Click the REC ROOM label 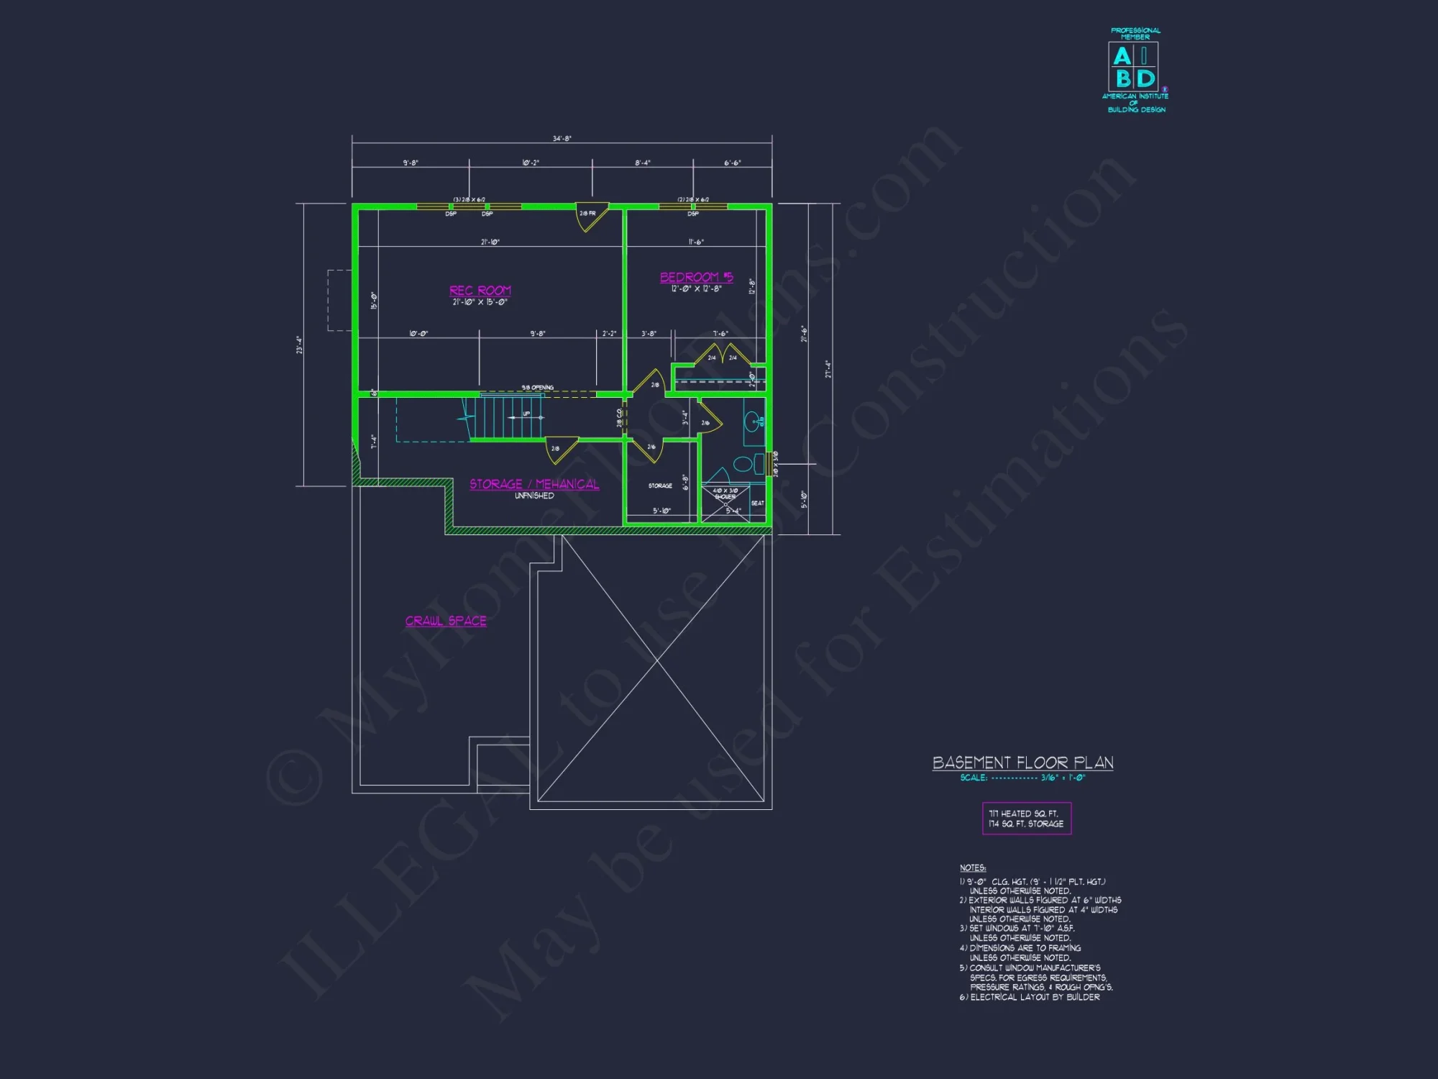(480, 291)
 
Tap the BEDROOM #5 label (696, 277)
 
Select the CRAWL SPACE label (446, 621)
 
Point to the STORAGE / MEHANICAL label (534, 484)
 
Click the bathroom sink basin (752, 421)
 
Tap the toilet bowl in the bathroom (743, 464)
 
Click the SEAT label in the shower (757, 504)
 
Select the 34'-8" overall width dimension (562, 139)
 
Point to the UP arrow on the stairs (526, 414)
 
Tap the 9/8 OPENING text (538, 388)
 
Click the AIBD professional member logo (1135, 70)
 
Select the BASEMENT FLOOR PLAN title (1022, 762)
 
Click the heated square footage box (1026, 819)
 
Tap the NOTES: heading (973, 868)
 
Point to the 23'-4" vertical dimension (299, 345)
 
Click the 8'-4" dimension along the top (642, 163)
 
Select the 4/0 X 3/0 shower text (725, 491)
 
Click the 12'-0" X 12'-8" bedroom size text (696, 289)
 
